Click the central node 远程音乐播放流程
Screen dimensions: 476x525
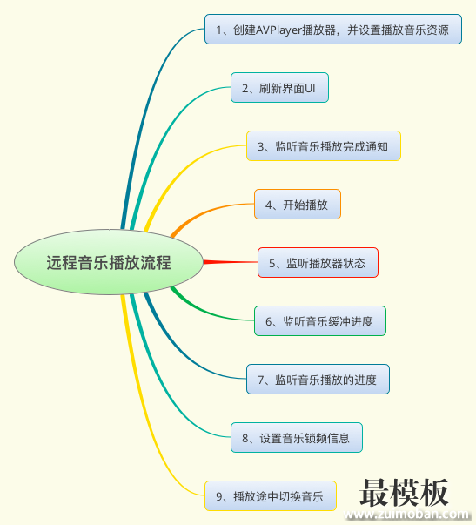tap(109, 262)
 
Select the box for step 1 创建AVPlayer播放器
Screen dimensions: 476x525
tap(333, 29)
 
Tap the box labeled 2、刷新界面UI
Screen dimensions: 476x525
tap(279, 87)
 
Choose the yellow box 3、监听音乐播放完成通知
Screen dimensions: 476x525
tap(324, 145)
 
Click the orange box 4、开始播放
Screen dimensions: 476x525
tap(298, 205)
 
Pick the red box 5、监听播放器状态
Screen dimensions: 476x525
tap(318, 263)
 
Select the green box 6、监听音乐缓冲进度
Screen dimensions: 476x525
tap(320, 320)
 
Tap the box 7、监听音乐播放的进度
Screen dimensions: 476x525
tap(318, 379)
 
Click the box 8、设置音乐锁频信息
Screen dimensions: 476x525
tap(297, 437)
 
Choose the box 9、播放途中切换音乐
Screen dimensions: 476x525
tap(271, 496)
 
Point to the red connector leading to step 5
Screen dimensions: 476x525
tap(231, 262)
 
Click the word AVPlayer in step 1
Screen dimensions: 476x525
tap(278, 30)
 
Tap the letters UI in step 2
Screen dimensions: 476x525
tap(310, 89)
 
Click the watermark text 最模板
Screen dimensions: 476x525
tap(404, 492)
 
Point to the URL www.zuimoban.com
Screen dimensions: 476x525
tap(406, 515)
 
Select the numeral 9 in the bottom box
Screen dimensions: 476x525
tap(219, 496)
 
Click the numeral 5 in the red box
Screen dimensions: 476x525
tap(272, 264)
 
